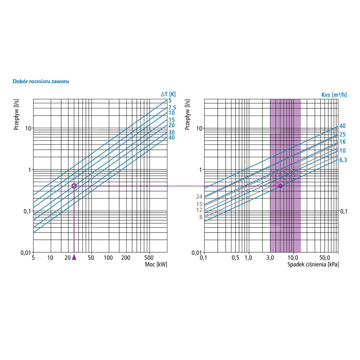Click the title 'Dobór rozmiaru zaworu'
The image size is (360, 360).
pos(41,81)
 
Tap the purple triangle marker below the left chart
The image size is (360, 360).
pos(74,257)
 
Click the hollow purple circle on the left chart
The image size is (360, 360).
pos(74,186)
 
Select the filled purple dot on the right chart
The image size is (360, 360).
pos(280,186)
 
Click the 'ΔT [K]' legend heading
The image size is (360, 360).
pos(168,94)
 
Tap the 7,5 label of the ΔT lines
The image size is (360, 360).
pos(172,108)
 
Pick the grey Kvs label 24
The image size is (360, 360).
pos(199,197)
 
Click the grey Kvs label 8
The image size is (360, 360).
pos(201,217)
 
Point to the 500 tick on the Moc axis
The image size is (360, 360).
pos(149,258)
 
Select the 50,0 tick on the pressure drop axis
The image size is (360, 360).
pos(325,258)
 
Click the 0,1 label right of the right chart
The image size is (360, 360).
pos(344,211)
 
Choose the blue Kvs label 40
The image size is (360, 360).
pos(342,126)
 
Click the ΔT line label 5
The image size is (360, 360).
pos(170,101)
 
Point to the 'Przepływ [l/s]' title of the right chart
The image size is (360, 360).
pos(187,114)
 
